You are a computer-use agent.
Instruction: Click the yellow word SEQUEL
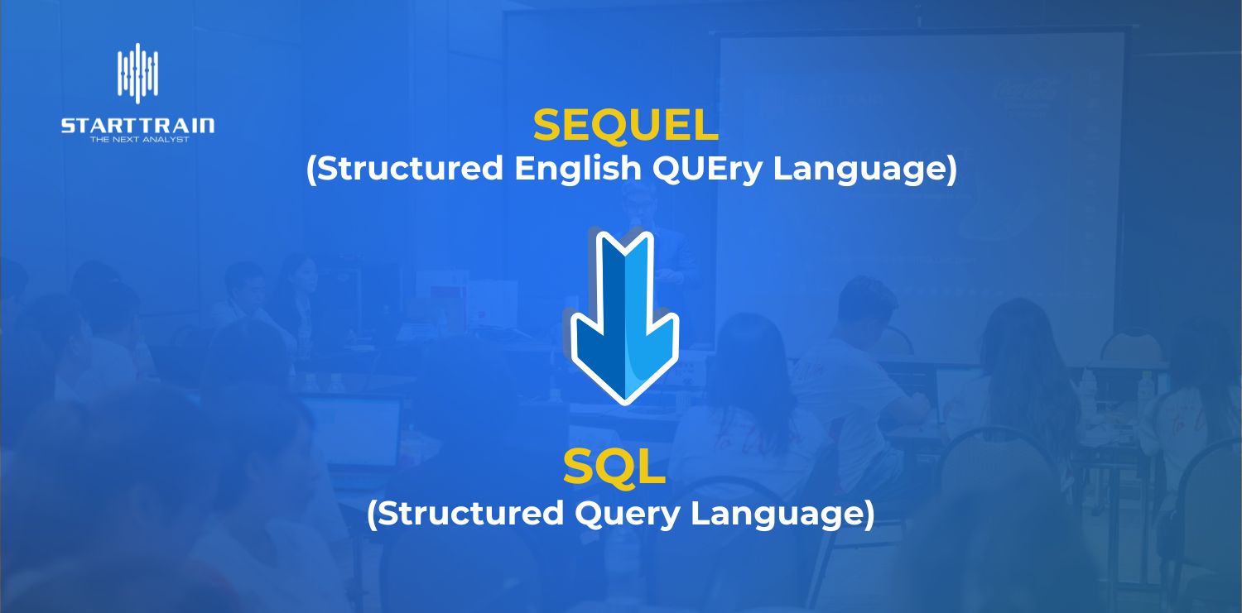[625, 127]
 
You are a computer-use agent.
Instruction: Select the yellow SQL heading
[614, 467]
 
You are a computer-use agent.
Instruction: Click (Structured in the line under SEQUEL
[405, 170]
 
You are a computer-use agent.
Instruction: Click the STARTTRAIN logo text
[137, 126]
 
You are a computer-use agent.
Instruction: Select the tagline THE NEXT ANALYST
[139, 140]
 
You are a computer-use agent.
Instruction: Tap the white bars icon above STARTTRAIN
[137, 74]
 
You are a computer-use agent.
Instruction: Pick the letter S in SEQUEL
[549, 127]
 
